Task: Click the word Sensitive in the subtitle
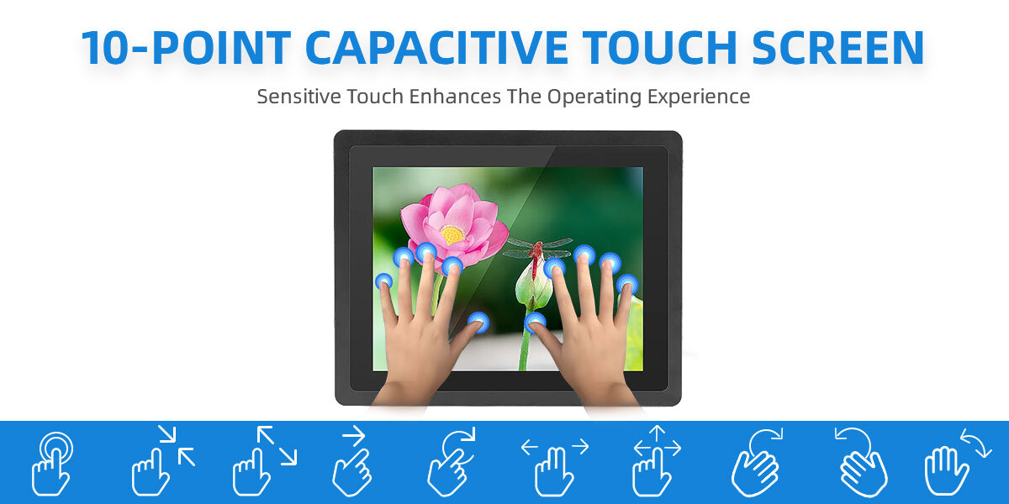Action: click(x=294, y=96)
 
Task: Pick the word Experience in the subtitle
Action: click(x=698, y=96)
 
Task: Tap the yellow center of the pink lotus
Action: click(x=452, y=234)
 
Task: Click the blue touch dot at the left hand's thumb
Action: click(x=478, y=321)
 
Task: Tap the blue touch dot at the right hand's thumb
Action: click(x=535, y=321)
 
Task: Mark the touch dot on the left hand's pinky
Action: click(x=383, y=281)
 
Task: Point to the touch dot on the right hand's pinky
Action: click(x=627, y=284)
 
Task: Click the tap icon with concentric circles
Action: click(x=52, y=462)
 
